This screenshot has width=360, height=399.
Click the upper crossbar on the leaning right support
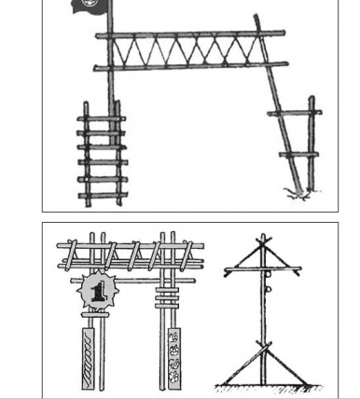(x=292, y=114)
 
